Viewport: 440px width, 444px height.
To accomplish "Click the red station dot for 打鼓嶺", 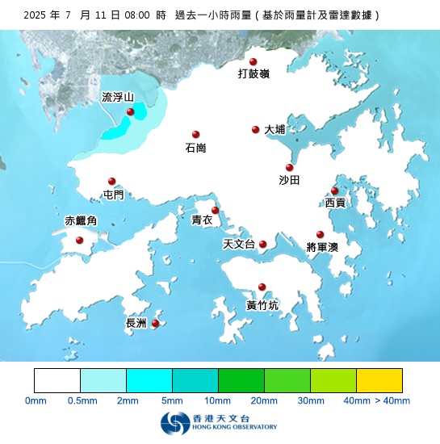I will point(253,62).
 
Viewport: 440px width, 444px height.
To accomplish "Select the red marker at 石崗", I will point(195,135).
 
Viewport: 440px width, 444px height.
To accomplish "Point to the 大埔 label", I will point(274,129).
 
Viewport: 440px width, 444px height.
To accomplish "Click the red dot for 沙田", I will point(289,167).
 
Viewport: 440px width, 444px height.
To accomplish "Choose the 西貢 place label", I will point(335,203).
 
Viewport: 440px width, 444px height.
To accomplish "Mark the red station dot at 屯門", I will point(112,182).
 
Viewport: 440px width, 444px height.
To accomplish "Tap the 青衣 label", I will point(202,220).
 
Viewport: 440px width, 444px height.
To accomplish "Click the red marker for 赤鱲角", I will point(79,240).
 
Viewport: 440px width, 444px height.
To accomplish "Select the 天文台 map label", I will point(238,244).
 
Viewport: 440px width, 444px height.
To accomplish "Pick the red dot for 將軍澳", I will point(320,234).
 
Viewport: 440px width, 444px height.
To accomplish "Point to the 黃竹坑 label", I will point(262,305).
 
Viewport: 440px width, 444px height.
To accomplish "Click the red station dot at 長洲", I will point(155,324).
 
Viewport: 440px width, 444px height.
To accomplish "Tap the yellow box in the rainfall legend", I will point(379,380).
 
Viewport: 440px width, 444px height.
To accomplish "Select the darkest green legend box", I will point(241,380).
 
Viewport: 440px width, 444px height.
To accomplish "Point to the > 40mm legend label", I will point(392,400).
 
